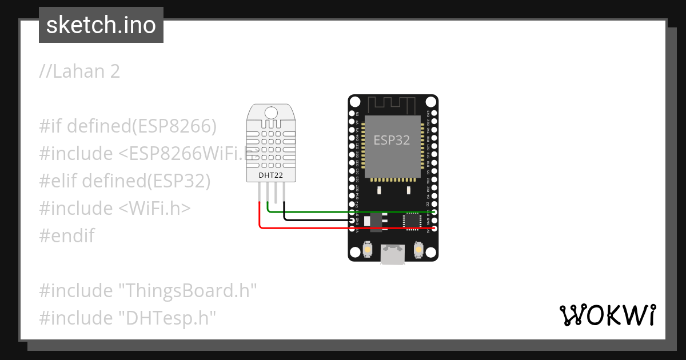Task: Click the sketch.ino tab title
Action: (x=101, y=25)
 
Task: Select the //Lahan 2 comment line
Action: (x=79, y=71)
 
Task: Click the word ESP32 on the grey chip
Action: (x=392, y=140)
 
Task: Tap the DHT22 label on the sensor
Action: (x=271, y=175)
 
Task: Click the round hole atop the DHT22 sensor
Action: (x=272, y=112)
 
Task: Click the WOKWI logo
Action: (x=607, y=315)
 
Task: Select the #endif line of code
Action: (x=67, y=235)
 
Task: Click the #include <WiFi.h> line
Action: (x=114, y=208)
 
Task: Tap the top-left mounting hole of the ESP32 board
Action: (x=355, y=102)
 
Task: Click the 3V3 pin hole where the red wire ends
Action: (x=434, y=228)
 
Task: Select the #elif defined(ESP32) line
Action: (x=125, y=181)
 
